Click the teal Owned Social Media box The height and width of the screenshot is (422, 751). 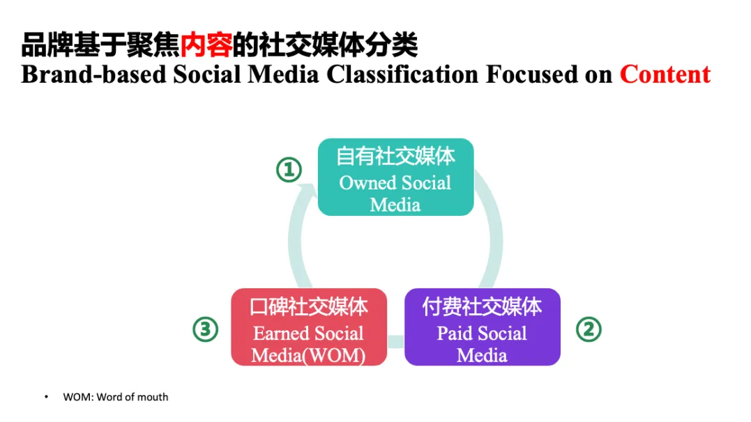pos(395,177)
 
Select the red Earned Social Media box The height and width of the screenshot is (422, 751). pos(308,327)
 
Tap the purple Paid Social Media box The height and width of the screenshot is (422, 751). pos(482,327)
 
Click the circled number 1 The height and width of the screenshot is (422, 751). pos(289,169)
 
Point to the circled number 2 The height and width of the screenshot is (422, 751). pos(588,329)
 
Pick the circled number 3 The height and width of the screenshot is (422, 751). pos(206,329)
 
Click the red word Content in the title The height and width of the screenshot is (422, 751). pos(665,74)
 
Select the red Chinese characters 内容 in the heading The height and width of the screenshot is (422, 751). pos(206,45)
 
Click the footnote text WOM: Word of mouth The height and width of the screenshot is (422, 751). pos(116,397)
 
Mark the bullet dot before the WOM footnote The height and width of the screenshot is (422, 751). pos(47,397)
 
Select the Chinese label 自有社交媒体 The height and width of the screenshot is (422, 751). pos(395,156)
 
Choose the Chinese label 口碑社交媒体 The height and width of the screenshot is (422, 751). pos(308,306)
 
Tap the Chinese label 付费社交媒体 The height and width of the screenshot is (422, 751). pos(482,306)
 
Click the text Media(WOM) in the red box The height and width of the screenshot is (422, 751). pos(308,354)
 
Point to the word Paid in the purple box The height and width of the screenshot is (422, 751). pos(455,334)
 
